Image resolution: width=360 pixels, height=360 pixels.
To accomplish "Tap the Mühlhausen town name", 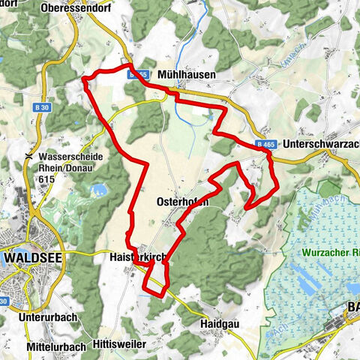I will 187,74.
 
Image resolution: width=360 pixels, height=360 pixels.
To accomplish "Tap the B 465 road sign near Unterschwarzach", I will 265,142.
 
